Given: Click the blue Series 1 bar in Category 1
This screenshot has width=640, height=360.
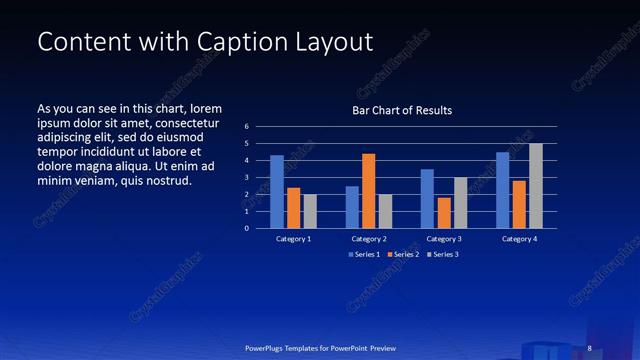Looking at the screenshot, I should [277, 191].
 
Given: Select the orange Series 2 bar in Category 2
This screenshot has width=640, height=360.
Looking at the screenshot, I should [368, 190].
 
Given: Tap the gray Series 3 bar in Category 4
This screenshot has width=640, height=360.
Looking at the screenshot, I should [536, 185].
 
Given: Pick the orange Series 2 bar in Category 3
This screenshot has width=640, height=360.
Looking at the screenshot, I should [444, 212].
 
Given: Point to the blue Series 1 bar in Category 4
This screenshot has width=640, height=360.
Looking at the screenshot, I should [503, 190].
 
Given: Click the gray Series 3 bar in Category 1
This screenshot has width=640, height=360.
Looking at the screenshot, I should [310, 211].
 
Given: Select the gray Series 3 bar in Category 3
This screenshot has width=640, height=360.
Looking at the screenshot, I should [460, 202].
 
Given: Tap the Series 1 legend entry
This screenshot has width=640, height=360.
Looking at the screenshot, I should [365, 255].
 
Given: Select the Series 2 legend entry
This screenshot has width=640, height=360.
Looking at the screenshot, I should [404, 255].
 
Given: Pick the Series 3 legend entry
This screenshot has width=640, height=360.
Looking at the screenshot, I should [443, 255].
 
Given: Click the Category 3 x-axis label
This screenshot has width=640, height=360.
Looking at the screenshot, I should [444, 239].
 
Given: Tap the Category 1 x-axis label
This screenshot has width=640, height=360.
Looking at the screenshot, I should [294, 239].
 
